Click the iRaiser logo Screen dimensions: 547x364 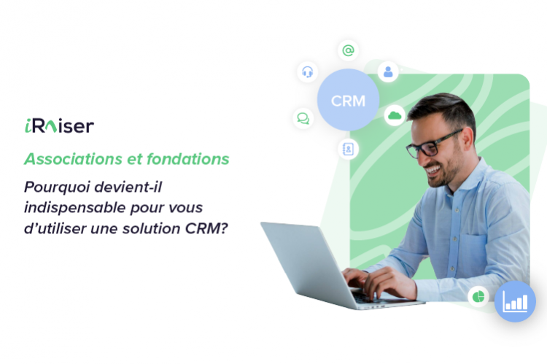[59, 126]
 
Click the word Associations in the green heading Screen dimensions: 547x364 [73, 159]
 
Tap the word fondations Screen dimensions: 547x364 [187, 159]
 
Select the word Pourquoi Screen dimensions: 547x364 [57, 187]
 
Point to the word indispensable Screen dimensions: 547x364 [74, 208]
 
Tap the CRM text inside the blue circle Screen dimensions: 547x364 [348, 101]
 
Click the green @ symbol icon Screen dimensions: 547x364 [348, 50]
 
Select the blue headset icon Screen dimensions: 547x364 [307, 72]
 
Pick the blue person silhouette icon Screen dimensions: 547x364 [388, 72]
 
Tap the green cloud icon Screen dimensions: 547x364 [395, 115]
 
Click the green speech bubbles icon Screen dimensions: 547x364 [303, 118]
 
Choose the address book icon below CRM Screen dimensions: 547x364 [348, 149]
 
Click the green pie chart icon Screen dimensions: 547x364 [478, 297]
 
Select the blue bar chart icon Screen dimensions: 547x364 [515, 301]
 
